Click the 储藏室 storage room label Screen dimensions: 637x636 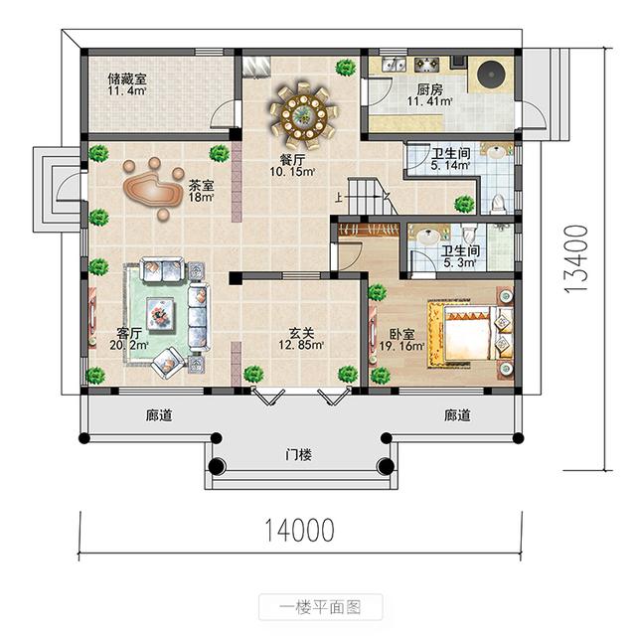coord(126,77)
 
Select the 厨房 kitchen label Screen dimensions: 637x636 coord(429,89)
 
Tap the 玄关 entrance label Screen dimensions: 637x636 coord(302,335)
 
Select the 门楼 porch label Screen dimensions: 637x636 coord(298,455)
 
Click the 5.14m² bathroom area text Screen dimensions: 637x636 coord(449,166)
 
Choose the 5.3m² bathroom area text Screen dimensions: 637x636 coord(459,262)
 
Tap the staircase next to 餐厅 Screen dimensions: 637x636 coord(365,195)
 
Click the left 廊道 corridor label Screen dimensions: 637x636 coord(159,415)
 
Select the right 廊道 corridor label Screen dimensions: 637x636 coord(457,415)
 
